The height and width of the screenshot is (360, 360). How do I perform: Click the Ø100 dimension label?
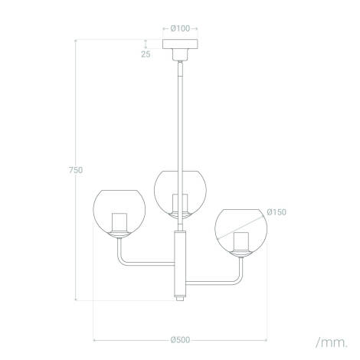(x=180, y=28)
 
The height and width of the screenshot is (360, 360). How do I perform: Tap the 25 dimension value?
(x=146, y=54)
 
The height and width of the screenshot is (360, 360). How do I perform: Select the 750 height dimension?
(x=75, y=169)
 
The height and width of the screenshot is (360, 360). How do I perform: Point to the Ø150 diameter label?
(x=277, y=212)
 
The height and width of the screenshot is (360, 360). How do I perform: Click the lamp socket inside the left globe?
(x=118, y=222)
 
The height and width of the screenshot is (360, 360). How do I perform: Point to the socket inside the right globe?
(x=241, y=242)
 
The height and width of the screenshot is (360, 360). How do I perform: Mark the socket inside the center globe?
(x=181, y=204)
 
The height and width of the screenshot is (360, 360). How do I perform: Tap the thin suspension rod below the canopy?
(x=181, y=115)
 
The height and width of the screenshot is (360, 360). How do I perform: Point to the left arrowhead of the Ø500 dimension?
(x=95, y=339)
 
